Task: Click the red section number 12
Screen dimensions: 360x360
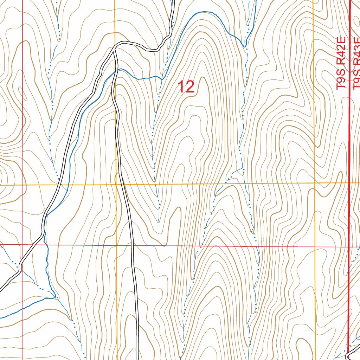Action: click(186, 87)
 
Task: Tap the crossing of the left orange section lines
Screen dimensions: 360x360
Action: click(116, 184)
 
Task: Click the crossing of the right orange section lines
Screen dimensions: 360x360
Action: click(315, 183)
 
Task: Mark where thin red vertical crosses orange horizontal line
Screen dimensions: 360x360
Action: click(22, 185)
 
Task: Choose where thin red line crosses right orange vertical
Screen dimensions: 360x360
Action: click(315, 246)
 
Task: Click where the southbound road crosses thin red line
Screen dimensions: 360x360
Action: click(132, 245)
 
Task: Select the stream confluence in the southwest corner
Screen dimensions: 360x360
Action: click(56, 298)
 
